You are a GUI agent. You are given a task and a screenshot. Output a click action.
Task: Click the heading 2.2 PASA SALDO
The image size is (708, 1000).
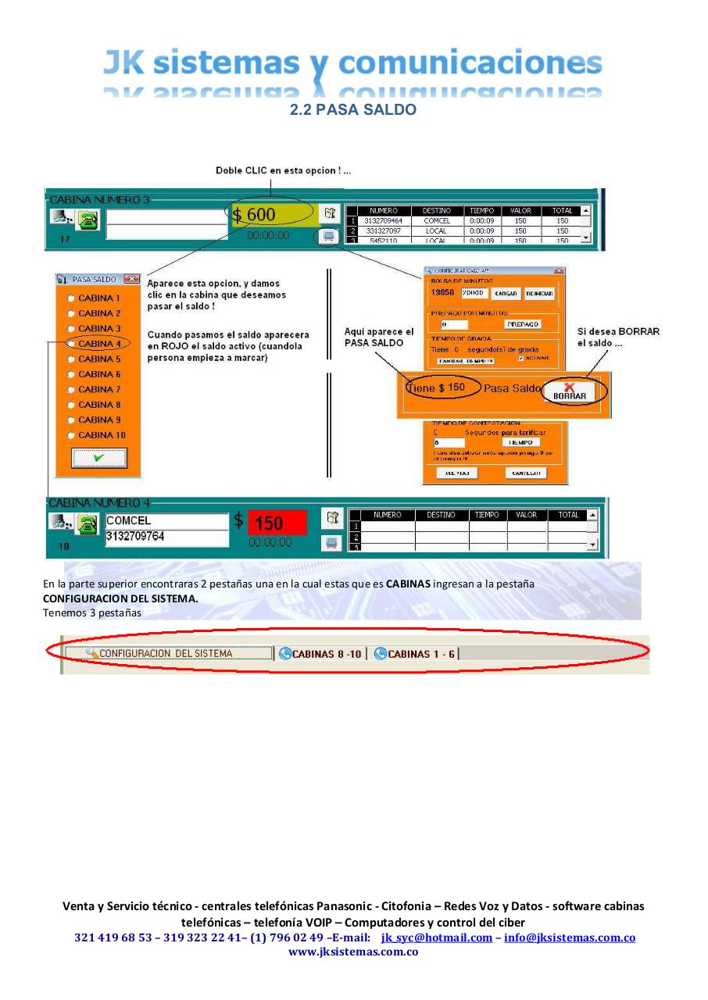[353, 110]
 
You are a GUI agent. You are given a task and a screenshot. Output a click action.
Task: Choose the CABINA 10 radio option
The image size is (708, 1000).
[73, 435]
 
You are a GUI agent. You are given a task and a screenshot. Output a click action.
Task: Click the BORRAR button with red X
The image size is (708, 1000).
[569, 391]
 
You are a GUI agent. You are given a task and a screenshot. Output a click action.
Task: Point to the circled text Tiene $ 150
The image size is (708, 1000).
[436, 388]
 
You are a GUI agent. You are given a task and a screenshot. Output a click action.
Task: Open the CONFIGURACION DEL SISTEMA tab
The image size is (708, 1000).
[166, 653]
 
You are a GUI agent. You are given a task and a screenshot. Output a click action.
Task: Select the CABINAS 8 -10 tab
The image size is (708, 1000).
[320, 653]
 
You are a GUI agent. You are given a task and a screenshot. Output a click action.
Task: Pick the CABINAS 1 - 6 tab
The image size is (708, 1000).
[415, 653]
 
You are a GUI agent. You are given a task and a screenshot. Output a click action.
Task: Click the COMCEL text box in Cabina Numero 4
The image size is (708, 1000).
[166, 521]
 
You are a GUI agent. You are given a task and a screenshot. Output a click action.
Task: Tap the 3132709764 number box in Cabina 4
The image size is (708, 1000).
[166, 537]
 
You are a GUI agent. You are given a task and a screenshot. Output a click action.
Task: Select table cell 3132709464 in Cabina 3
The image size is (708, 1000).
[384, 221]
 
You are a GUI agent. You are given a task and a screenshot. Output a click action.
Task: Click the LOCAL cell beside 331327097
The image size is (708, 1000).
[436, 231]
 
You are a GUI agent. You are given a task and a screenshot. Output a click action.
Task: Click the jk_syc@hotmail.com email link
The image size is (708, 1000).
[436, 937]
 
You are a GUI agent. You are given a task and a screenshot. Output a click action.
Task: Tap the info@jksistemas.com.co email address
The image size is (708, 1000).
[569, 937]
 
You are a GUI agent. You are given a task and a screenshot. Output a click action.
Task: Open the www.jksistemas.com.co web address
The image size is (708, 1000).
[353, 952]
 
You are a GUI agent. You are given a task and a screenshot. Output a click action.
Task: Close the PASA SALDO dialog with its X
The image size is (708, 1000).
[131, 279]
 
